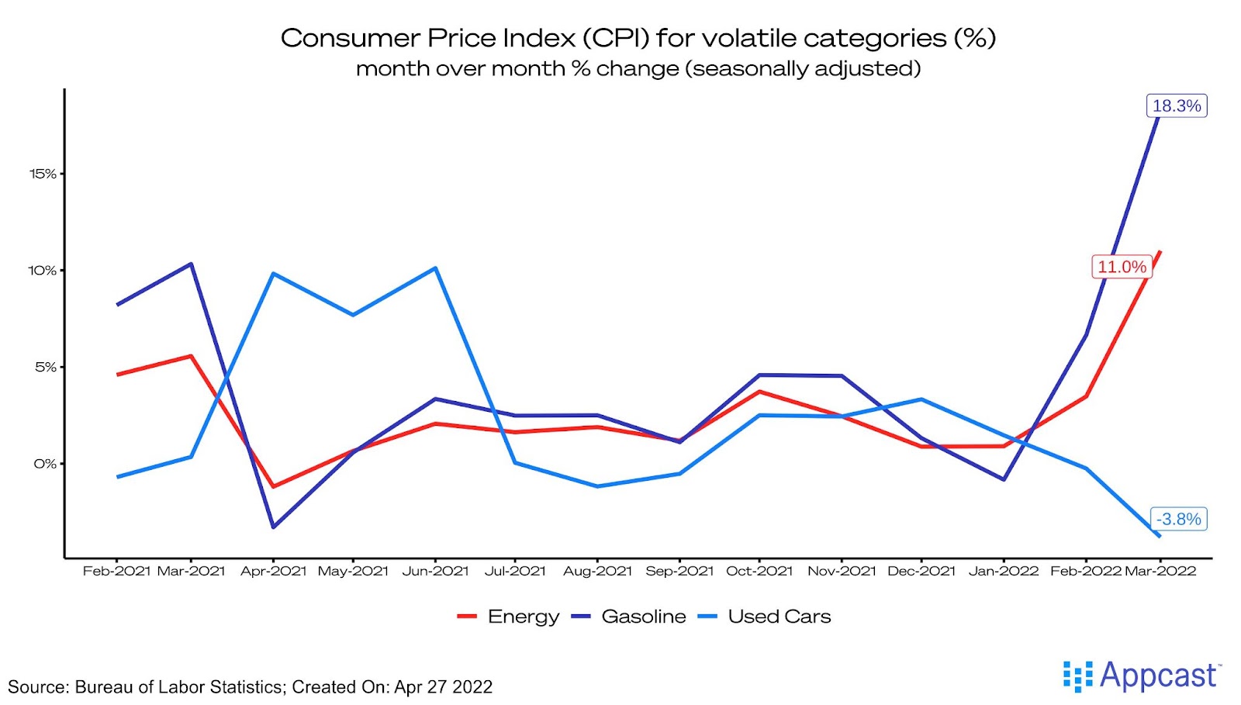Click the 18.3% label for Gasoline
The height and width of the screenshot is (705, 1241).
click(x=1176, y=105)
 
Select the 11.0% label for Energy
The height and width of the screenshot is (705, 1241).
click(x=1121, y=267)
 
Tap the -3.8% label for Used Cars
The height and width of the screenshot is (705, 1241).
click(x=1178, y=519)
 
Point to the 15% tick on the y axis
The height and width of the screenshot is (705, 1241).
click(x=43, y=174)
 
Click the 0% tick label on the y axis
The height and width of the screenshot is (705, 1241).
click(x=45, y=464)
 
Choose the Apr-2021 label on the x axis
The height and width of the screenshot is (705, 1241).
click(x=273, y=572)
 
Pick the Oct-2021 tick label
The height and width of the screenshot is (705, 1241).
click(x=759, y=572)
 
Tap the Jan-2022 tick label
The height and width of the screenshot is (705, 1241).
click(x=1003, y=572)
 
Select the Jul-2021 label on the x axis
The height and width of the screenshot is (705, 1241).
click(x=515, y=572)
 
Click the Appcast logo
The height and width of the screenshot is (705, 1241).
click(x=1142, y=676)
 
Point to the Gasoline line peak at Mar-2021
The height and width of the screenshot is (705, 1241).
click(x=191, y=264)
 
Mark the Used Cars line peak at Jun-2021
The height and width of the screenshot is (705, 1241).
click(x=436, y=268)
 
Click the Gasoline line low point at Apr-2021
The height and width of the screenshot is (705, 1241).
click(x=273, y=527)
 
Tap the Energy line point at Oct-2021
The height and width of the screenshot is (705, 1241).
click(x=759, y=392)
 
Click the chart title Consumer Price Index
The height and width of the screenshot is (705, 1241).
click(x=638, y=38)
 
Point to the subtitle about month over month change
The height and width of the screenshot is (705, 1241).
click(x=638, y=69)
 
